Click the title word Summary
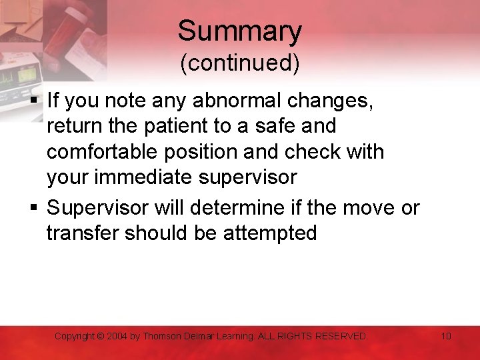click(239, 31)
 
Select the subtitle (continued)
click(239, 63)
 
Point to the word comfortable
click(105, 152)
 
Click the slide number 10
click(446, 336)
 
